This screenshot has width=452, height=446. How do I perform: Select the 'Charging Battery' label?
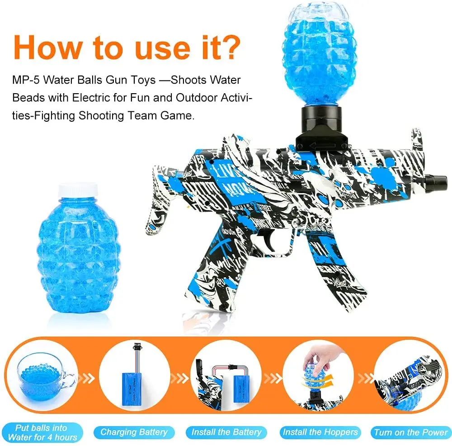click(134, 432)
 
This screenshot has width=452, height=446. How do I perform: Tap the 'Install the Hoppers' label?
click(320, 432)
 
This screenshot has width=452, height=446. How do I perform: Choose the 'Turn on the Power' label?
click(410, 432)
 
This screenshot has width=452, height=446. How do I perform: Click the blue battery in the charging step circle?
click(134, 384)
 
